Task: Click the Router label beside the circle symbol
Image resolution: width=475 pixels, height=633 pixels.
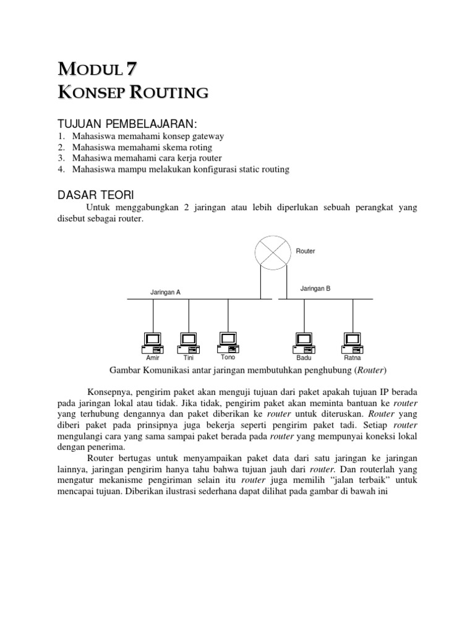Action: tap(306, 252)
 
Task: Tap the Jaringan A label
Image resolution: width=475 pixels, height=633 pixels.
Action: tap(165, 292)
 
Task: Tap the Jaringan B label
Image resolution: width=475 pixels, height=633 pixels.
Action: tap(315, 288)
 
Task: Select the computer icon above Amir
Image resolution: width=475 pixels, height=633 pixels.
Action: tap(152, 341)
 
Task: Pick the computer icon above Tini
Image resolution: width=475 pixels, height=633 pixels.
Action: tap(189, 341)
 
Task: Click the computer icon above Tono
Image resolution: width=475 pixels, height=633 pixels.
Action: tap(228, 340)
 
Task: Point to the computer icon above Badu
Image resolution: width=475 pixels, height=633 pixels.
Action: tap(304, 341)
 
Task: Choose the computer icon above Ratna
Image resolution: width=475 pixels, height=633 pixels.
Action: tap(353, 341)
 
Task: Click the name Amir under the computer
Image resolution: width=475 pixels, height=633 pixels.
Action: tap(152, 358)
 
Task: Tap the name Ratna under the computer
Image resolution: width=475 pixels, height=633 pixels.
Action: tap(353, 358)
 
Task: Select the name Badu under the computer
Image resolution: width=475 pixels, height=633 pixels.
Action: tap(304, 358)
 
